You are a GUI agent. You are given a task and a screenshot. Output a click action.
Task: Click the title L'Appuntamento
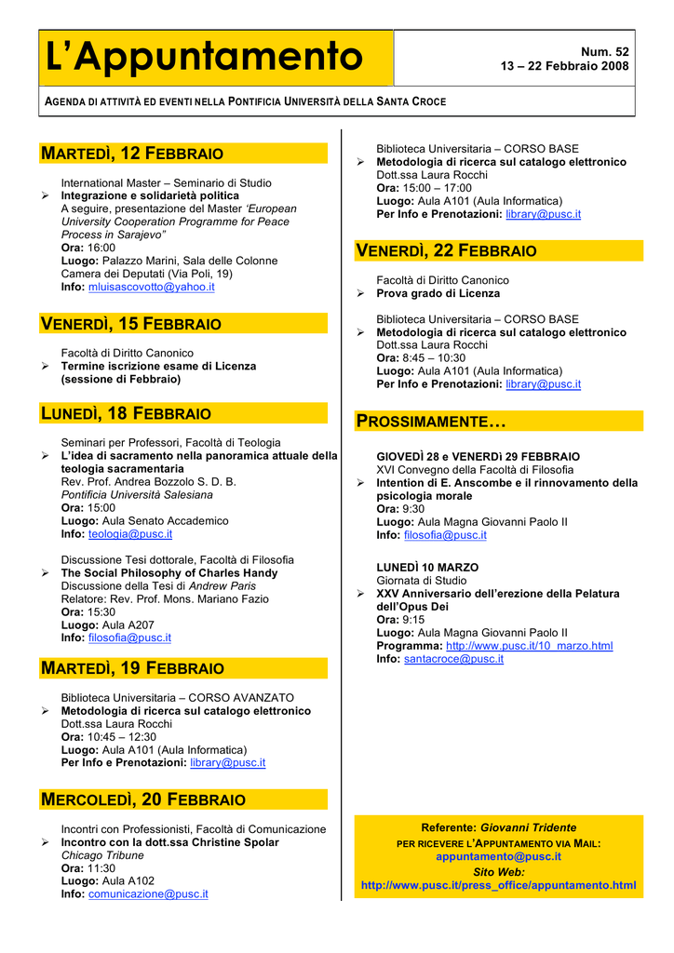point(204,57)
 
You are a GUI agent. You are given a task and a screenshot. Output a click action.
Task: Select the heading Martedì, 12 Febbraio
point(132,153)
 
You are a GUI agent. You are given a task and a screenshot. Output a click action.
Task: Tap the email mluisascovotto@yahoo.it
point(151,288)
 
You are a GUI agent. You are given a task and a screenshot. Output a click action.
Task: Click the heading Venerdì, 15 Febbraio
point(131,324)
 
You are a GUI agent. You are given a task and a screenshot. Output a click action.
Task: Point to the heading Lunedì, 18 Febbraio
point(127,413)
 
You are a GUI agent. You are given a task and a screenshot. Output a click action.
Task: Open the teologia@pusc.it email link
point(129,534)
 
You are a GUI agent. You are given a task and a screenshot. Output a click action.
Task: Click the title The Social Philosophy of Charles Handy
point(168,573)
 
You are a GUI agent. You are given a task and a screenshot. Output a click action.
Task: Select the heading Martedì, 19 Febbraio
point(132,668)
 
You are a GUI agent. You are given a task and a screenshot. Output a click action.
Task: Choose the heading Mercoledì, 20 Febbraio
point(143,799)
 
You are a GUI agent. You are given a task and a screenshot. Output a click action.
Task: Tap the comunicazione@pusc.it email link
point(148,894)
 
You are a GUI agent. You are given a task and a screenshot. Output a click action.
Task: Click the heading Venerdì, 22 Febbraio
point(447,251)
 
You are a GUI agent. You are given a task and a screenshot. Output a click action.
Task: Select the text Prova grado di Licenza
point(438,293)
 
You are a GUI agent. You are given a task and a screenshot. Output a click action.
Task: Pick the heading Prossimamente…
point(432,422)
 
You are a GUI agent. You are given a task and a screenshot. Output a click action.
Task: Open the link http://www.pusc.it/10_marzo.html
point(529,646)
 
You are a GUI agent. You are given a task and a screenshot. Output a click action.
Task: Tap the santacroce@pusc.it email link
point(453,659)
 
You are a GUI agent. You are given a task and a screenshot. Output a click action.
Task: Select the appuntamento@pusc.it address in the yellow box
point(498,856)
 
